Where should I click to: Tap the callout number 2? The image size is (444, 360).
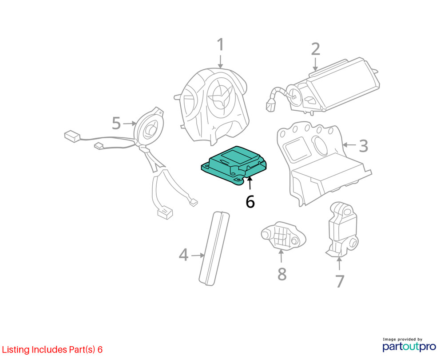point(315,49)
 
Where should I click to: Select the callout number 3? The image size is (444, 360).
point(364,146)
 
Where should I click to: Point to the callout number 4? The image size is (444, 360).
point(183,254)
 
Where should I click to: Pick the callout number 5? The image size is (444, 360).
point(116,123)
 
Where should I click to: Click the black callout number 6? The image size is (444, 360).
point(250,201)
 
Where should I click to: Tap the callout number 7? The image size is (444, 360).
point(340,281)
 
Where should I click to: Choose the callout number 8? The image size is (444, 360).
point(282,274)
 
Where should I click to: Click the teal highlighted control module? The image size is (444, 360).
point(234,165)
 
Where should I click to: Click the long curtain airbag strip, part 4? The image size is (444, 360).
point(214,248)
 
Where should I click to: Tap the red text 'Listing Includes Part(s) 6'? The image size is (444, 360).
point(52,349)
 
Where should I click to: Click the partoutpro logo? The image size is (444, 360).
point(409,345)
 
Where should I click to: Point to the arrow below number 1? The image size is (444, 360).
point(220,61)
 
